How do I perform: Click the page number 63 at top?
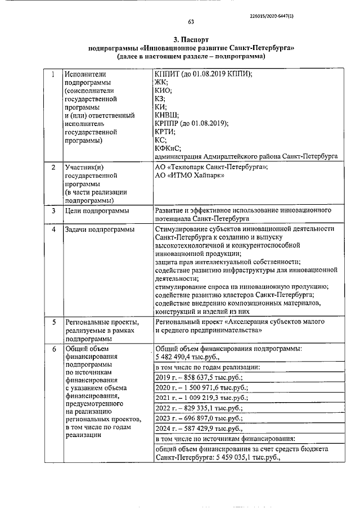pos(191,22)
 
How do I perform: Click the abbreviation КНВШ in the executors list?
pos(168,115)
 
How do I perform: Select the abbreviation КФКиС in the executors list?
pos(169,148)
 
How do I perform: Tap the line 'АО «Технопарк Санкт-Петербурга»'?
pos(211,168)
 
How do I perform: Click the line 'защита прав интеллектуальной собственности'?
pos(227,262)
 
